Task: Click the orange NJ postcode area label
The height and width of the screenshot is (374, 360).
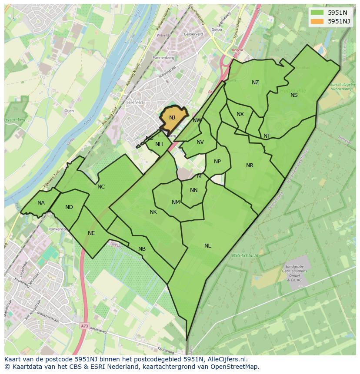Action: [172, 118]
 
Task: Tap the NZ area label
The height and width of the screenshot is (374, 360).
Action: [255, 83]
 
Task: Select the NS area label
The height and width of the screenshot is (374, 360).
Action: [294, 95]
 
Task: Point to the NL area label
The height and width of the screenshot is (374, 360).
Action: [208, 246]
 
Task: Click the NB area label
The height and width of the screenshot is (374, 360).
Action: [142, 249]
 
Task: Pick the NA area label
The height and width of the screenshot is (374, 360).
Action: [41, 203]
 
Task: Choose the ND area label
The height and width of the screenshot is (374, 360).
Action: [69, 207]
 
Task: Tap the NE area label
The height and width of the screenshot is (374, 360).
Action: [91, 233]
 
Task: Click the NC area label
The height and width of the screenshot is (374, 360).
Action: [101, 187]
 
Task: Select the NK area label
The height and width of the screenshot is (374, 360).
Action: [153, 212]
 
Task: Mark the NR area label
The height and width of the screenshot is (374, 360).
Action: [250, 165]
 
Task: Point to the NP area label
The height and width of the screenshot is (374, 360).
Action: [217, 162]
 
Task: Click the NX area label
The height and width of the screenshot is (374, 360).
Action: [240, 114]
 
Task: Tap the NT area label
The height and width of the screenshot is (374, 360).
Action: [267, 136]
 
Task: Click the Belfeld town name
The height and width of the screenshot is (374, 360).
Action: [135, 103]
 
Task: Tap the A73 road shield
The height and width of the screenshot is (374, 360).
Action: [84, 325]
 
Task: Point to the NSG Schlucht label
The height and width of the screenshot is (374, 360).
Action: [245, 255]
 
